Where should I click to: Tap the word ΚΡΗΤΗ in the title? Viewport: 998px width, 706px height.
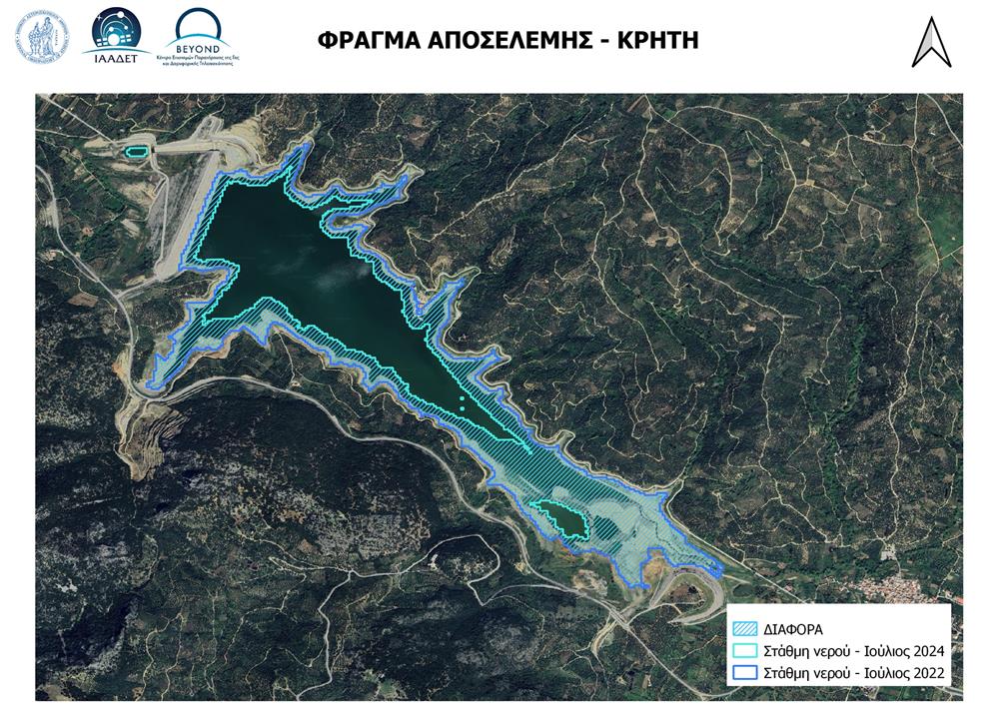coord(655,40)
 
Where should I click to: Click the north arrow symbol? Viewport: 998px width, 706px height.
coord(930,43)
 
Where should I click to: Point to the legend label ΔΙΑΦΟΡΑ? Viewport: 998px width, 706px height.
coord(793,629)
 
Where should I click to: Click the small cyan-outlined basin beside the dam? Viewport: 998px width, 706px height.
coord(136,151)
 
